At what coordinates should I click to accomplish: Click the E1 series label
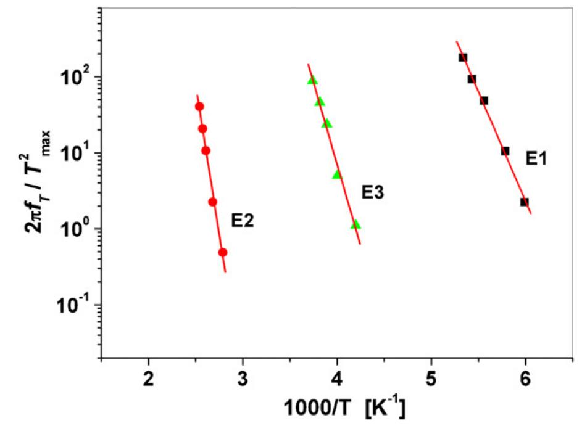pos(536,158)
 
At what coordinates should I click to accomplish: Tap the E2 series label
pos(243,219)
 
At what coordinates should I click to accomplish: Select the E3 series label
pos(373,193)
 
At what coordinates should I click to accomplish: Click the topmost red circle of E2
pos(199,107)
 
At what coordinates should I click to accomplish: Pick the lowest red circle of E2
pos(223,252)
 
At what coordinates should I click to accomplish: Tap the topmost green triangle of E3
pos(312,80)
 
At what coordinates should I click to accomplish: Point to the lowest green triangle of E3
pos(355,224)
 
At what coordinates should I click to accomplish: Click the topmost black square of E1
pos(463,57)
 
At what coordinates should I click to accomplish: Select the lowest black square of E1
pos(525,202)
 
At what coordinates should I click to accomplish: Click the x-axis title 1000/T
pos(343,408)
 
